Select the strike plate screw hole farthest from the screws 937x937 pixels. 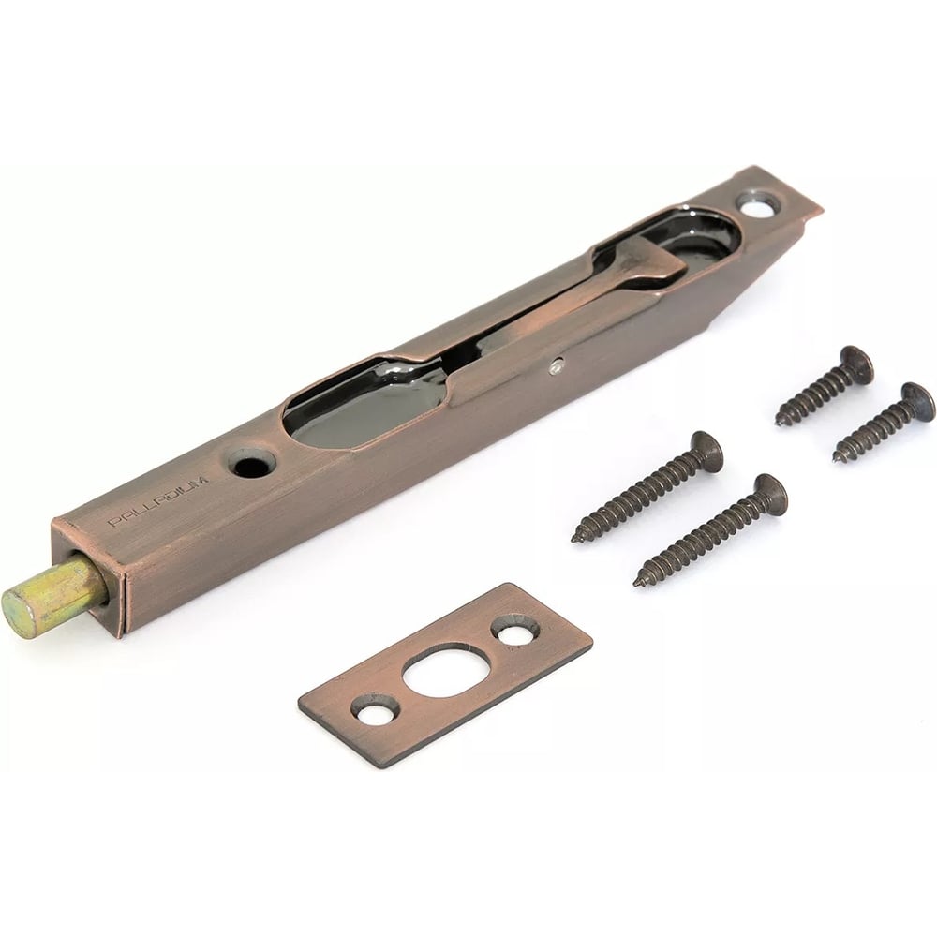[377, 710]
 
